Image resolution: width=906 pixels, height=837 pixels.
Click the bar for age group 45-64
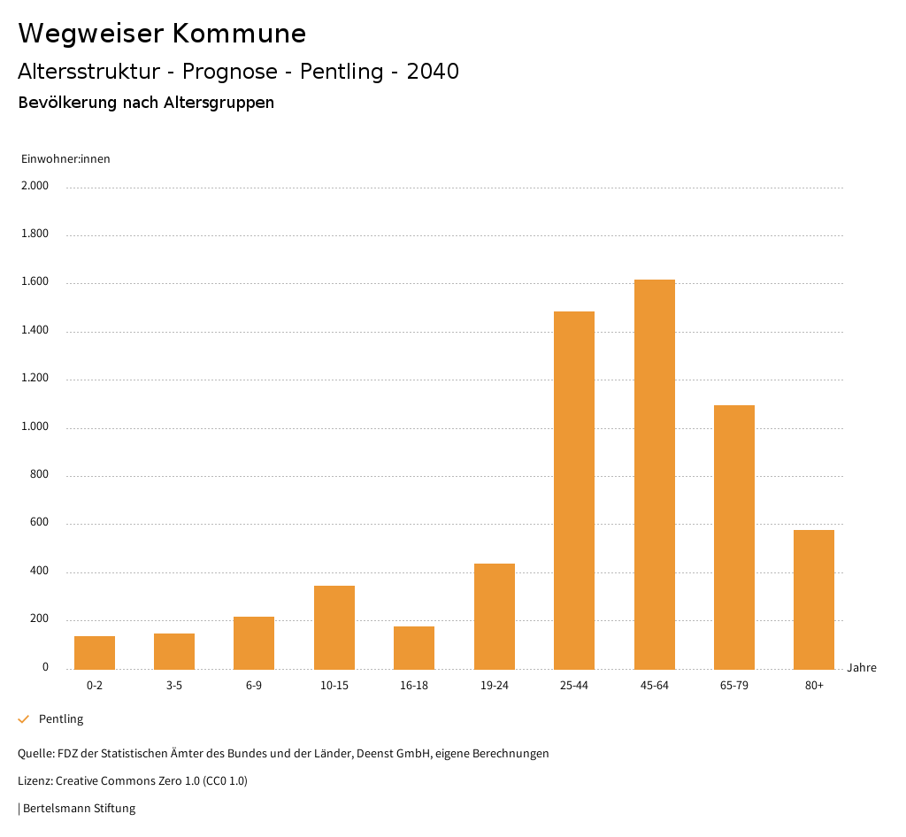click(x=654, y=474)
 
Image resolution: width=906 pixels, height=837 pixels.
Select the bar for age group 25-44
click(x=574, y=490)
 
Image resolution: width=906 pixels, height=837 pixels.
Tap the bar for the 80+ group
click(x=814, y=599)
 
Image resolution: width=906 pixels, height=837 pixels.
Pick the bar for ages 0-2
click(x=95, y=652)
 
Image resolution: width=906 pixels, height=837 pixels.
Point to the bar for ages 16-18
click(x=414, y=648)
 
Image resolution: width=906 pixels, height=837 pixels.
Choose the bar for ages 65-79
click(x=734, y=537)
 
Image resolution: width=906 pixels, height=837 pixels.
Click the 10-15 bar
click(x=334, y=627)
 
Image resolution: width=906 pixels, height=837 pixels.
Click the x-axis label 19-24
click(x=495, y=686)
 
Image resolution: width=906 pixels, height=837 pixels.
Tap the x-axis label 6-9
click(x=254, y=686)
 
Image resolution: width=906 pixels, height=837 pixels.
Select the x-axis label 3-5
click(x=174, y=686)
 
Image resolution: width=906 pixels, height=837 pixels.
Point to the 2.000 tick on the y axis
click(x=35, y=187)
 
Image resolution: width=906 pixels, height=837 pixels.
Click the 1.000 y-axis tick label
click(x=35, y=427)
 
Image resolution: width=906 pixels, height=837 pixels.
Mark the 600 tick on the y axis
click(x=40, y=524)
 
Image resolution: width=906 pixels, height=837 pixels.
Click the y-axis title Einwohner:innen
click(x=65, y=159)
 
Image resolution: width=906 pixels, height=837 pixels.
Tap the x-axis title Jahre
click(x=862, y=668)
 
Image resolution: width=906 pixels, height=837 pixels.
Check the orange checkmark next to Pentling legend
click(x=24, y=719)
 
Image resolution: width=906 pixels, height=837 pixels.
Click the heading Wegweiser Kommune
click(x=162, y=34)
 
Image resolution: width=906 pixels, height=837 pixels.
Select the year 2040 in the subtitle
click(x=433, y=72)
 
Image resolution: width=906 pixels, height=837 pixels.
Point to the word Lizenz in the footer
click(x=34, y=781)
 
